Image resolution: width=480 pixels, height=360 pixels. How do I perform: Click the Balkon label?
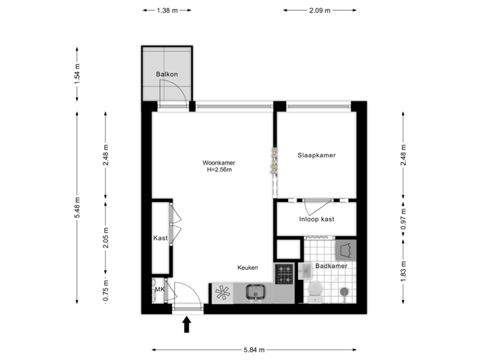point(166,74)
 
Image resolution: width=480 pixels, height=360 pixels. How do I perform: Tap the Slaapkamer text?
point(316,155)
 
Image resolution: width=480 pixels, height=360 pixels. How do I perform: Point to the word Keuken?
point(247,267)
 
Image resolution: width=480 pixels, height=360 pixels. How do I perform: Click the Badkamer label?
point(331,266)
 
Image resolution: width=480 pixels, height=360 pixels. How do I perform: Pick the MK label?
point(159,289)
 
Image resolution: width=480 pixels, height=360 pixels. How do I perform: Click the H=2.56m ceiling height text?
point(219,170)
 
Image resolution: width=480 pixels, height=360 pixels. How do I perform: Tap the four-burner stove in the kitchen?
point(285,273)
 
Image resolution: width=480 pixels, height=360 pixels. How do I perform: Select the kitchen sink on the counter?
point(255,292)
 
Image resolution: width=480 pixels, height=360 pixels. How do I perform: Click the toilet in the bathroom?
point(315,290)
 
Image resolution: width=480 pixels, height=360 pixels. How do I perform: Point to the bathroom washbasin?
point(305,270)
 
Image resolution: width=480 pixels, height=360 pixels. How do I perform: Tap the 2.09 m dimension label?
point(318,11)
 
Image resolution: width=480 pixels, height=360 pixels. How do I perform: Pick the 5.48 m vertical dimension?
point(77,207)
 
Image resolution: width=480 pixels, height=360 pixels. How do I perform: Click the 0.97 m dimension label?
point(403,218)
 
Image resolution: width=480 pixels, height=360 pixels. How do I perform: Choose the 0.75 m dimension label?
point(105,290)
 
